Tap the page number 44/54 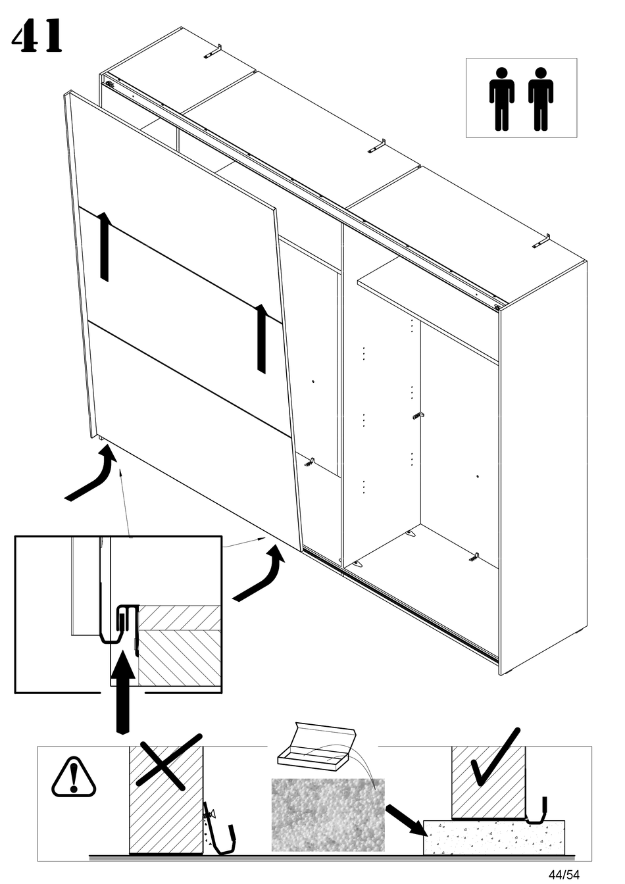click(564, 874)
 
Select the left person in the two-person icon click(501, 99)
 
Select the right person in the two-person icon click(541, 99)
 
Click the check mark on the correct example click(494, 756)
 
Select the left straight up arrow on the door click(104, 247)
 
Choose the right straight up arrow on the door click(261, 338)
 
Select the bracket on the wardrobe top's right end click(541, 242)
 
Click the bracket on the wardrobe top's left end click(212, 52)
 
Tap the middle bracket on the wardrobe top click(376, 146)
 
